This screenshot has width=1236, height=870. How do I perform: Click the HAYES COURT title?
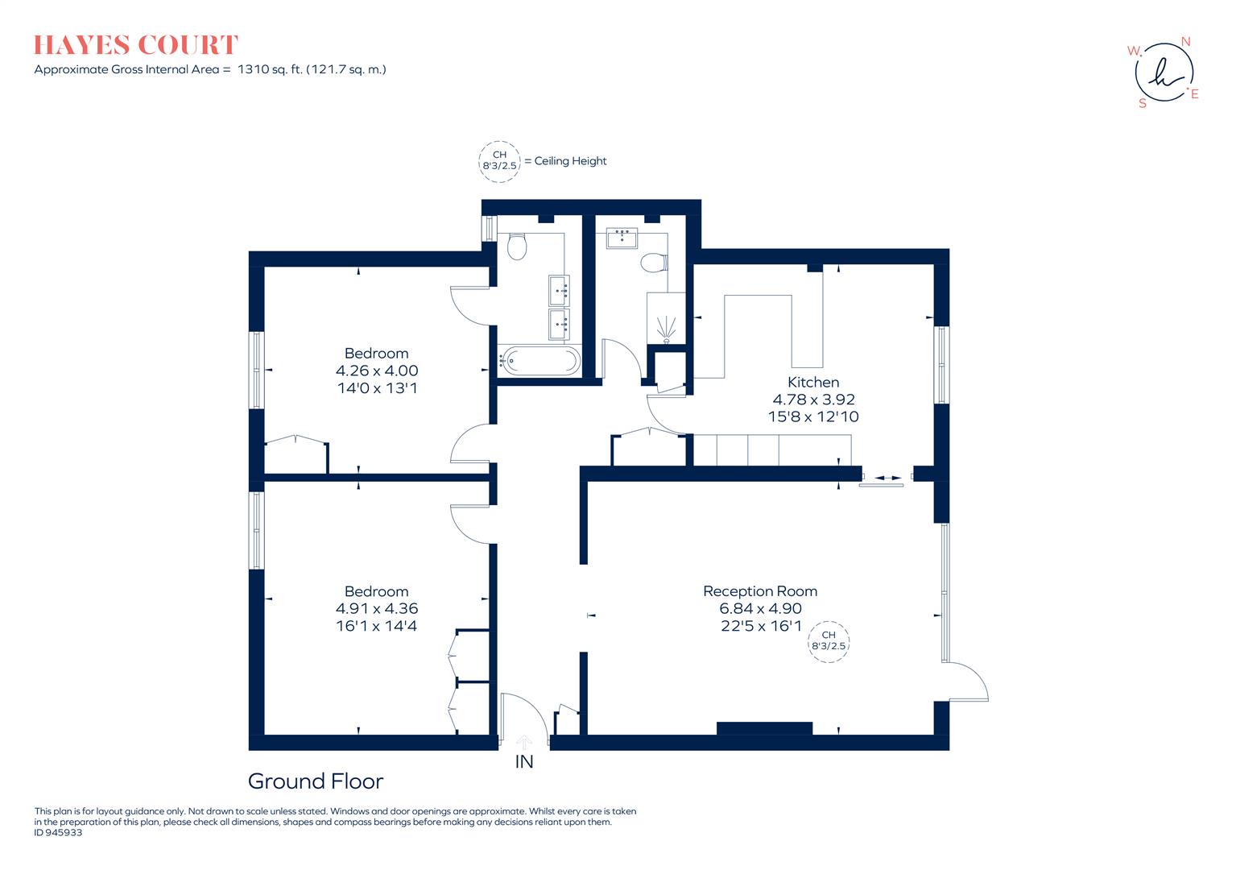[x=136, y=45]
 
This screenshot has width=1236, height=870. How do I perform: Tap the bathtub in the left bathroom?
[x=539, y=361]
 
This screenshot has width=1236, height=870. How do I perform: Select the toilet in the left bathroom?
[x=517, y=246]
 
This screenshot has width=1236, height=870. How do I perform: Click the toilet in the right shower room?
[x=654, y=263]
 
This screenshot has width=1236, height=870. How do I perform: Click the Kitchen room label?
[x=813, y=382]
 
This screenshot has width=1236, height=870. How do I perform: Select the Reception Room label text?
[x=760, y=591]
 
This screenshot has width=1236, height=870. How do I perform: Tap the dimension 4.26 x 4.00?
[x=377, y=371]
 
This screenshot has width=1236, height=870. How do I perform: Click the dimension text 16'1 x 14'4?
[x=376, y=626]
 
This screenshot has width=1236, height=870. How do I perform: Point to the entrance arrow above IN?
[x=524, y=742]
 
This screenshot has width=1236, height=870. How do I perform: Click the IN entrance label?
[x=524, y=761]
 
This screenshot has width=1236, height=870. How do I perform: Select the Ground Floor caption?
[x=316, y=781]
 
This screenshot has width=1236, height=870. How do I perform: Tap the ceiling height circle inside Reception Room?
[x=829, y=641]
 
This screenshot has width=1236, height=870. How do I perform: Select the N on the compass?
[x=1185, y=42]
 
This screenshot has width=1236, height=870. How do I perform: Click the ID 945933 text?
[x=58, y=833]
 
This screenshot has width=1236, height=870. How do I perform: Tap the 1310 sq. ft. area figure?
[x=270, y=69]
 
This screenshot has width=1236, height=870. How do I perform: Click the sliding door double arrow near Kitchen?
[x=887, y=478]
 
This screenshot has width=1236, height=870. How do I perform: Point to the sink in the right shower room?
[x=622, y=238]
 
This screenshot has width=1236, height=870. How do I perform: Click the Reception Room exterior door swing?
[x=969, y=683]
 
